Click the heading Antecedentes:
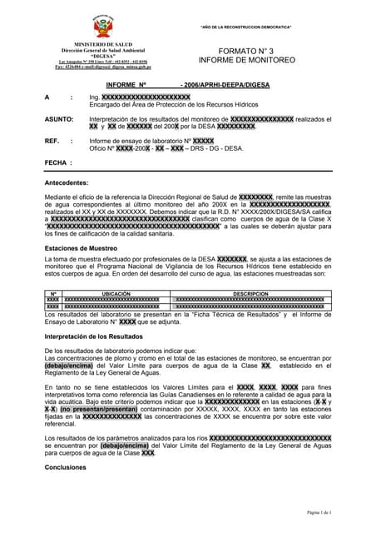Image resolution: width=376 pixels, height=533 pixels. pos(66,182)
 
